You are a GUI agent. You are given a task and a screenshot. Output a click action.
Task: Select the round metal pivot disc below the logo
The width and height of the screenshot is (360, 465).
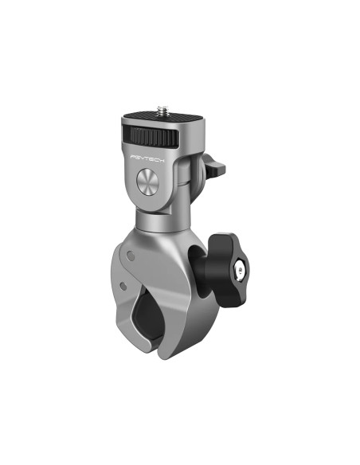pyautogui.click(x=151, y=183)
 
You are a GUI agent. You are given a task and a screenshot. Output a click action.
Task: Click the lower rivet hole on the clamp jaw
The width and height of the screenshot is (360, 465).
pyautogui.click(x=123, y=284)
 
